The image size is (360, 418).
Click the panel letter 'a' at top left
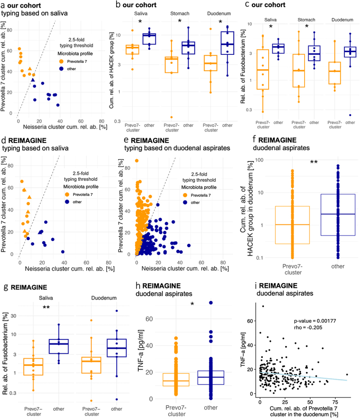(3, 5)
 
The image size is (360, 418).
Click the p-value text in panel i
(311, 321)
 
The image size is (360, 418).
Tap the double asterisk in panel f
(314, 162)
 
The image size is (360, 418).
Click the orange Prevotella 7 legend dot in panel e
(185, 195)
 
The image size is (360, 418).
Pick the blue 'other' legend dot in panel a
(61, 69)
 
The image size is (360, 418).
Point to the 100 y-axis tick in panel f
(259, 160)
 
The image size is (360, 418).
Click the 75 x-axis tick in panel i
(335, 402)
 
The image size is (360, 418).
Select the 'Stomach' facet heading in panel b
(180, 13)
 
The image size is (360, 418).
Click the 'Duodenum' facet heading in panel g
(104, 298)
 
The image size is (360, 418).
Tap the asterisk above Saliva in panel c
(271, 27)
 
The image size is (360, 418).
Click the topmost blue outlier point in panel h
(211, 302)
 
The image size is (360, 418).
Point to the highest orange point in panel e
(137, 161)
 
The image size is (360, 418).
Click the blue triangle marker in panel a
(33, 80)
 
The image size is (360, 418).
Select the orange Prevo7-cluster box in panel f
(292, 225)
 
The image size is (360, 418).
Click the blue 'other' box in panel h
(211, 378)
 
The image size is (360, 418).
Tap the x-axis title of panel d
(70, 269)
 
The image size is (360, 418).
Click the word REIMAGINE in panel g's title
(29, 287)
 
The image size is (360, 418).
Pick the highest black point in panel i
(263, 306)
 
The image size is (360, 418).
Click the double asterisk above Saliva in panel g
(46, 307)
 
